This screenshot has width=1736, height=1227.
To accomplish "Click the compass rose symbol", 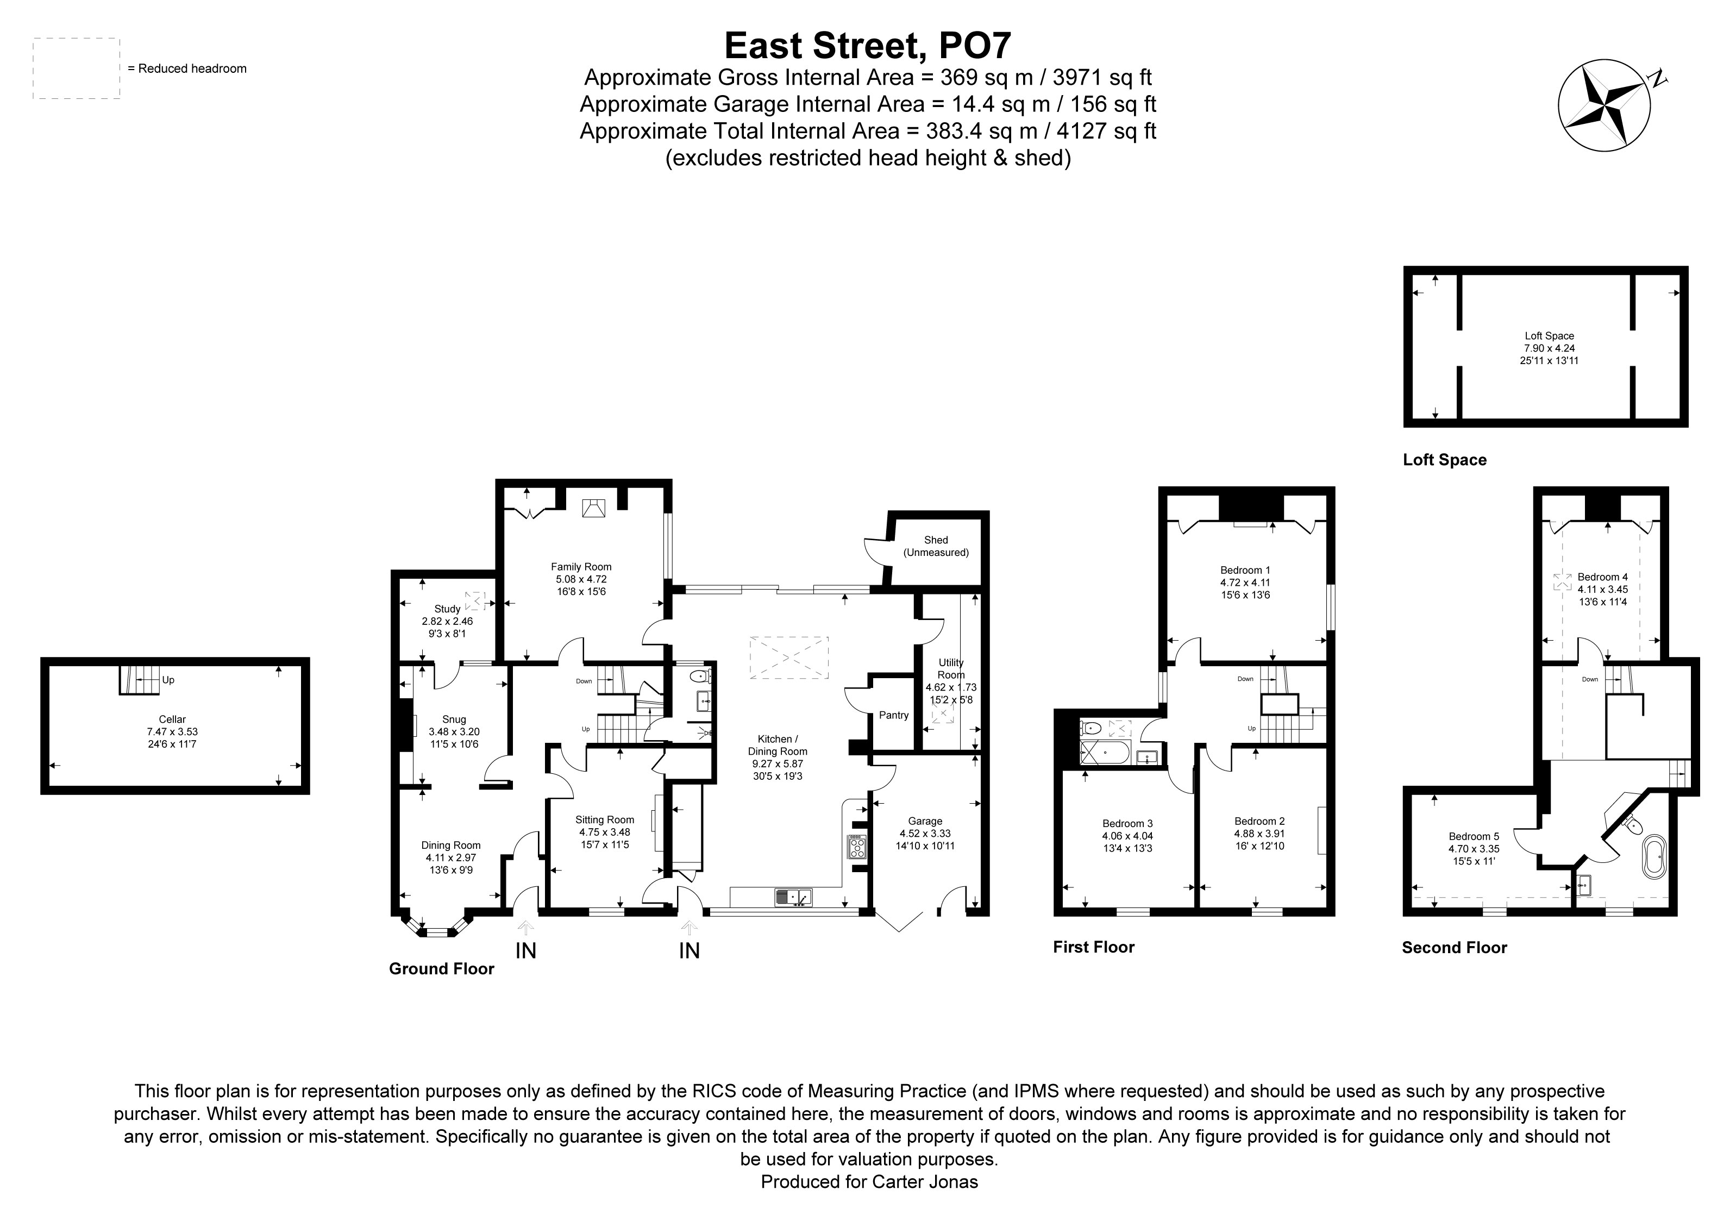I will [1603, 105].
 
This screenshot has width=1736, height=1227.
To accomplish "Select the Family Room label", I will [581, 567].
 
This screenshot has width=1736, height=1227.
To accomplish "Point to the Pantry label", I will [894, 715].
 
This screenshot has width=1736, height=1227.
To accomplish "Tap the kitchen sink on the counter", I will [792, 897].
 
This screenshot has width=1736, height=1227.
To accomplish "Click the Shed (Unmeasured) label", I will [936, 546].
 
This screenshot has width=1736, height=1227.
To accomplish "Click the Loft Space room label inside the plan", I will [1549, 336].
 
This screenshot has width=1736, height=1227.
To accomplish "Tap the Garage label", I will [925, 821].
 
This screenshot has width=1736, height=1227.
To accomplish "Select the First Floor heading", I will [1093, 947].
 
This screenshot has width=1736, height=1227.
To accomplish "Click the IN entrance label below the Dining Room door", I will [525, 950].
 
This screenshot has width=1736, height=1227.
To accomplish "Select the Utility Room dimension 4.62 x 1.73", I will [951, 688].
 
